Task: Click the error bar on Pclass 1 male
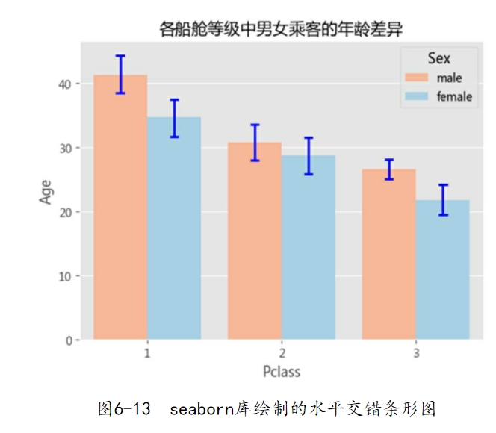pos(120,74)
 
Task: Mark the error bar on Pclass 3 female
pos(443,199)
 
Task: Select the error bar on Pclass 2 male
pos(255,143)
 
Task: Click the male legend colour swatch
pos(417,78)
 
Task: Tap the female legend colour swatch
pos(417,96)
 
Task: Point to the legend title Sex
pos(439,58)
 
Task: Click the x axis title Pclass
pos(282,371)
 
